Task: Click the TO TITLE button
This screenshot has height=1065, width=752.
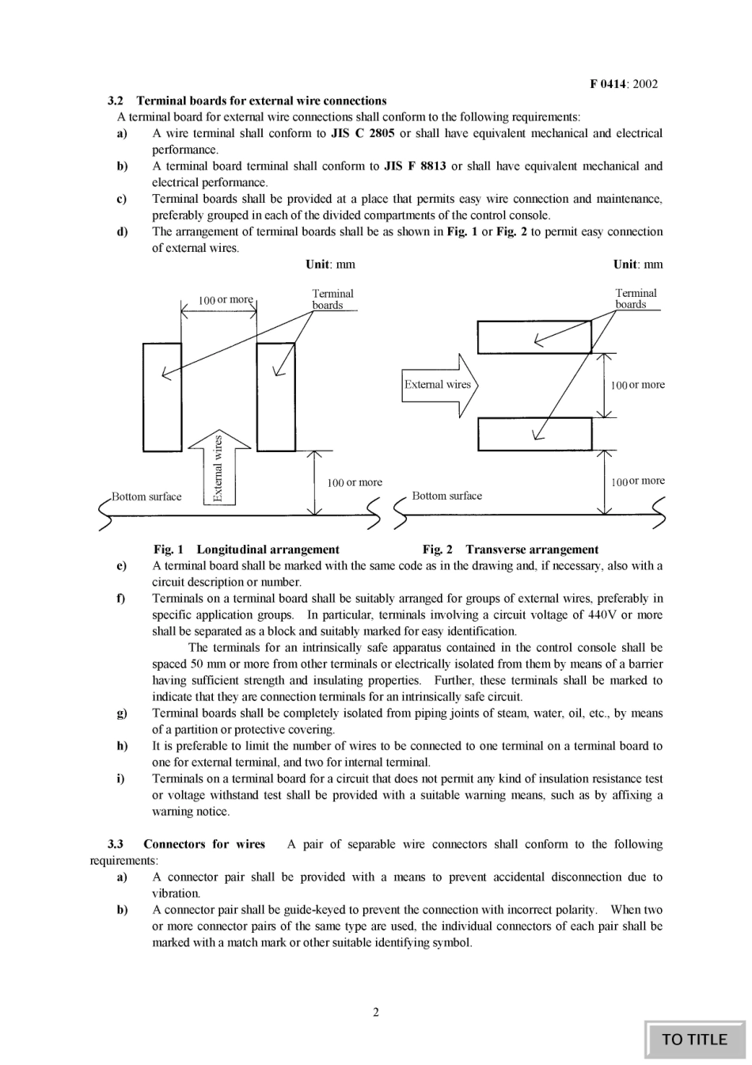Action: click(694, 1039)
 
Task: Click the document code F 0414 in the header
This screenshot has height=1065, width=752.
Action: click(607, 84)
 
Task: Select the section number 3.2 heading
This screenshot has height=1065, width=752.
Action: click(116, 101)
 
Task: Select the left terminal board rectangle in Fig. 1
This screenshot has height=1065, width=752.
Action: click(162, 397)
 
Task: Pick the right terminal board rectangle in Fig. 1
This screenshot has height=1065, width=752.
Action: click(276, 397)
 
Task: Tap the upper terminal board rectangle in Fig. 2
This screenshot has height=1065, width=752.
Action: click(534, 337)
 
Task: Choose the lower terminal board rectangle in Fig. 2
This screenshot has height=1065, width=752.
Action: click(534, 434)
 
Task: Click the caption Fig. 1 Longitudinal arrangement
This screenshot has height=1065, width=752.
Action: click(246, 550)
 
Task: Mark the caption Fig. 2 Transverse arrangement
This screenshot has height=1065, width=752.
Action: click(511, 550)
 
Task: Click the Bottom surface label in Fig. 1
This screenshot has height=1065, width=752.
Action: click(146, 497)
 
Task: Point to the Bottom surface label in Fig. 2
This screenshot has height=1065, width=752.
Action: click(446, 496)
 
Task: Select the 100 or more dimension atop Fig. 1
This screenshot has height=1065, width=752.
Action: click(226, 300)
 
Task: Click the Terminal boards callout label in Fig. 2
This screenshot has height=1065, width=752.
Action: click(636, 299)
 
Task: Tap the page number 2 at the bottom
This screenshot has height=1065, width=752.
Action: click(376, 1012)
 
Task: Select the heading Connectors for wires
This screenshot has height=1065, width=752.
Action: click(204, 844)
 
